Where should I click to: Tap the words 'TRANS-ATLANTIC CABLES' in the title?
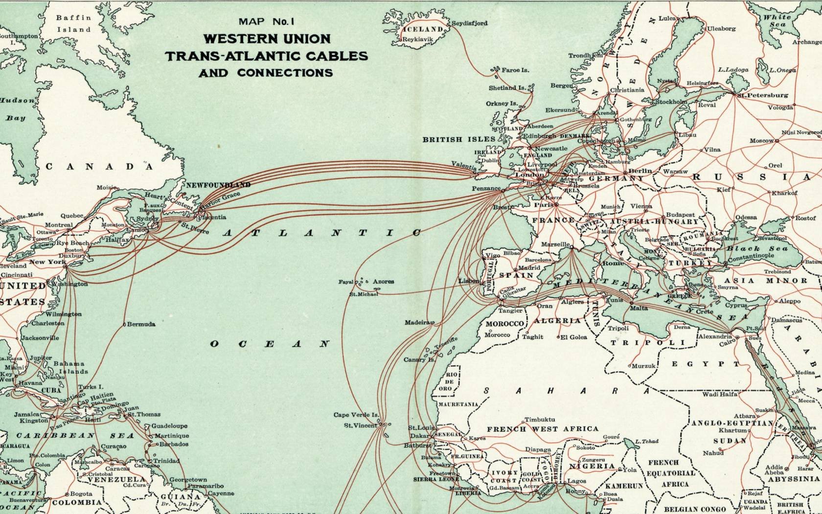coord(266,56)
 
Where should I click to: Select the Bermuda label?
coord(141,324)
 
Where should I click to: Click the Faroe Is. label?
coord(515,70)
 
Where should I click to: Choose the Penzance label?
coord(486,188)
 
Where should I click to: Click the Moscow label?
coord(761,141)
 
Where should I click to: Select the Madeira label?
coord(416,323)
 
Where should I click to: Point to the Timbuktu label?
coord(540,420)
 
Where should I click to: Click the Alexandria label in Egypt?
coord(714,337)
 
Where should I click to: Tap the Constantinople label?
coord(751,256)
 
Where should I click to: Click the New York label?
coord(47,262)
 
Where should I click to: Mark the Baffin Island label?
coord(73,23)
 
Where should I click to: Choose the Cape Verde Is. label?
coord(356,415)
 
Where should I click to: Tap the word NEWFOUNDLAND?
coord(218,185)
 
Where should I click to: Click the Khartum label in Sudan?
coord(732,430)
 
